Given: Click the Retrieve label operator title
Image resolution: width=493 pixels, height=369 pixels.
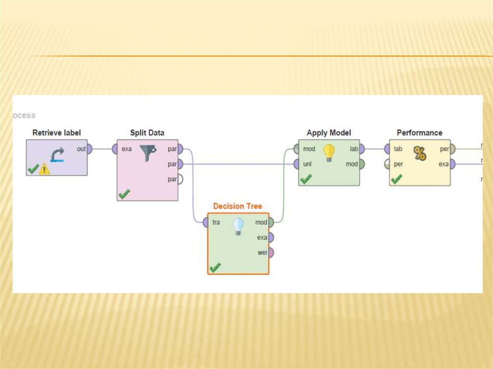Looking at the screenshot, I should [56, 132].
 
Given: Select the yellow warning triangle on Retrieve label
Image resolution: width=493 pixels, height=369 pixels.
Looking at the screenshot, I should [44, 169].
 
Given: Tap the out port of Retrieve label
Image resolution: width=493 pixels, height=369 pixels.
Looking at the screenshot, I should [89, 149].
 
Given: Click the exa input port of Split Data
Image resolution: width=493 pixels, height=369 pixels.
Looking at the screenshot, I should [115, 149].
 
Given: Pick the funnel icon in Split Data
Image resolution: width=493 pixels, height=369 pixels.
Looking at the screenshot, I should [148, 153].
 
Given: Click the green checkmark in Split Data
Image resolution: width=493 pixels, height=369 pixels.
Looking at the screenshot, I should [124, 194].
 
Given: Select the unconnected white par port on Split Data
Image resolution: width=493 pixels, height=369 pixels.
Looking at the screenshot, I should [180, 179].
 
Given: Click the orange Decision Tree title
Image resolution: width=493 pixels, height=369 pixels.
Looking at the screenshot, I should [237, 206].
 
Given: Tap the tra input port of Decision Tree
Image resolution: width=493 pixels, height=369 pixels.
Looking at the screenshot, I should [206, 222].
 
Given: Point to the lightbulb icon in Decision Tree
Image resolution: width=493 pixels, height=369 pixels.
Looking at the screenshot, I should [238, 226].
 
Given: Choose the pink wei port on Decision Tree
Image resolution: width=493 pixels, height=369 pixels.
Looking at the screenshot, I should [271, 253].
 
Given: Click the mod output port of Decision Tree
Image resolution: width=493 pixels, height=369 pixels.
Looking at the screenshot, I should [271, 222].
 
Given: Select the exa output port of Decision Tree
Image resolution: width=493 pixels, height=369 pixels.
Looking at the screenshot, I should [271, 237].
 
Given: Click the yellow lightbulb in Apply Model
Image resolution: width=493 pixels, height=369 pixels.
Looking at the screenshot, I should [329, 153].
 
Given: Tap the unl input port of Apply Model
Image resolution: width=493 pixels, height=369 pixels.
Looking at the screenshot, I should [297, 164].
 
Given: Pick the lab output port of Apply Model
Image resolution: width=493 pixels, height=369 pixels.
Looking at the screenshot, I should [362, 149].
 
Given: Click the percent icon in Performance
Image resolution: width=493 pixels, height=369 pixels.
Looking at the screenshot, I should [419, 154].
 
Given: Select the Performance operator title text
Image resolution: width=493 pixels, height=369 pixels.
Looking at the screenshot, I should [419, 132].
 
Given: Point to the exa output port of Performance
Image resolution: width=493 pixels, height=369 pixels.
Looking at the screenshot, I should [452, 164].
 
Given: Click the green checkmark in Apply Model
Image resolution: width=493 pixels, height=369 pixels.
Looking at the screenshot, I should [306, 179].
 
